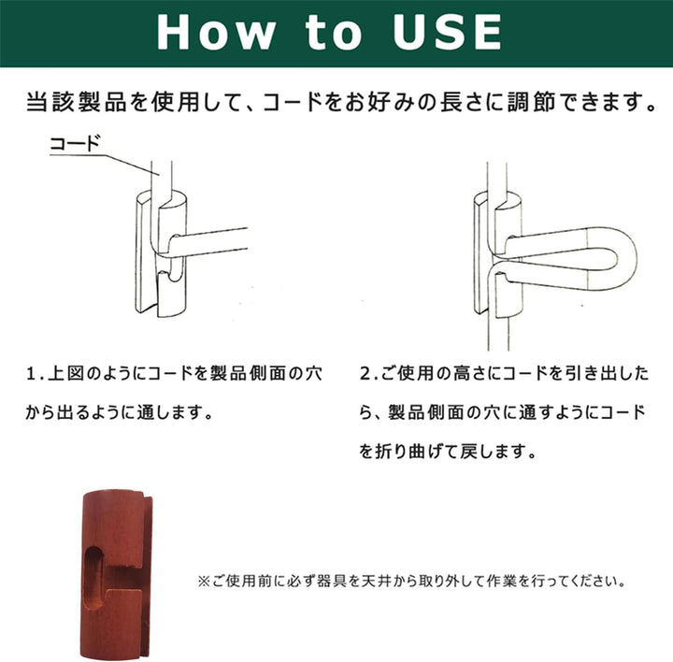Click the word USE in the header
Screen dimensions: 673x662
pos(447,32)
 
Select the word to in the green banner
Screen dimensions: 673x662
pos(334,33)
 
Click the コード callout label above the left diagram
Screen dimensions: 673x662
pos(75,144)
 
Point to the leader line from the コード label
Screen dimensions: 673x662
pos(104,165)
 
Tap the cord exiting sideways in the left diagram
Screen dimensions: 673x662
pos(209,243)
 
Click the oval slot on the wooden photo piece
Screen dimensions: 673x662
pos(95,578)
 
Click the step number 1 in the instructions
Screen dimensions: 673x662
pos(31,374)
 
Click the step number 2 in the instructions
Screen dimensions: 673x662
pos(365,374)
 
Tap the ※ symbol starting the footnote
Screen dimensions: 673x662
pos(203,582)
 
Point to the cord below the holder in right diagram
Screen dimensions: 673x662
pos(498,334)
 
